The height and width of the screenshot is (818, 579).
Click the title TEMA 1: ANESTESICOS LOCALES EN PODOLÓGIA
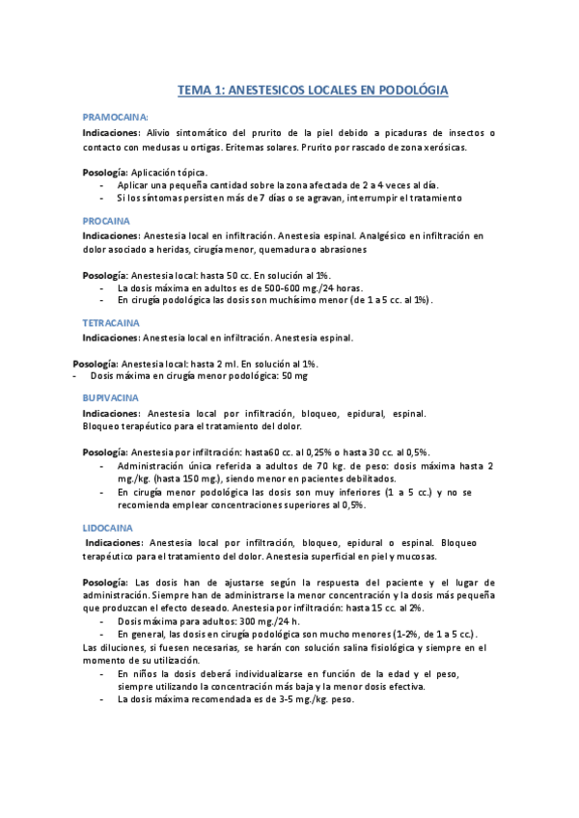point(313,90)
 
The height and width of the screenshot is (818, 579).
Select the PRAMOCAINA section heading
point(115,116)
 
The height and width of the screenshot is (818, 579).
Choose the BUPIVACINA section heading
point(111,397)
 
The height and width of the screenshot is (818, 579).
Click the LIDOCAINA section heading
point(108,528)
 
